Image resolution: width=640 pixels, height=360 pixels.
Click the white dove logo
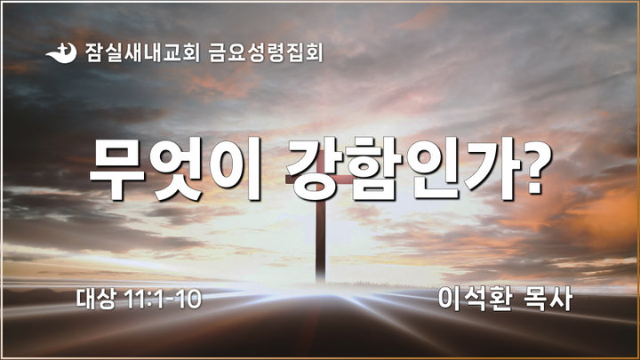(x=61, y=53)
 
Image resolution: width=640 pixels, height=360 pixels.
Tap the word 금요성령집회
(x=265, y=52)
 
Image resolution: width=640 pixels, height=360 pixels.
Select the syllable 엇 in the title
(x=176, y=170)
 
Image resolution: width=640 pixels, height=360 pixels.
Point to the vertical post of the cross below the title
(x=321, y=241)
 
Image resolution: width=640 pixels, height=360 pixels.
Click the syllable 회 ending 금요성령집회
(x=314, y=52)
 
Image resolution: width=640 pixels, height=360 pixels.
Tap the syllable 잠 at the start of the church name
(x=94, y=52)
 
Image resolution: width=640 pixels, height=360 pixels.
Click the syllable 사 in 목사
(x=560, y=299)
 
